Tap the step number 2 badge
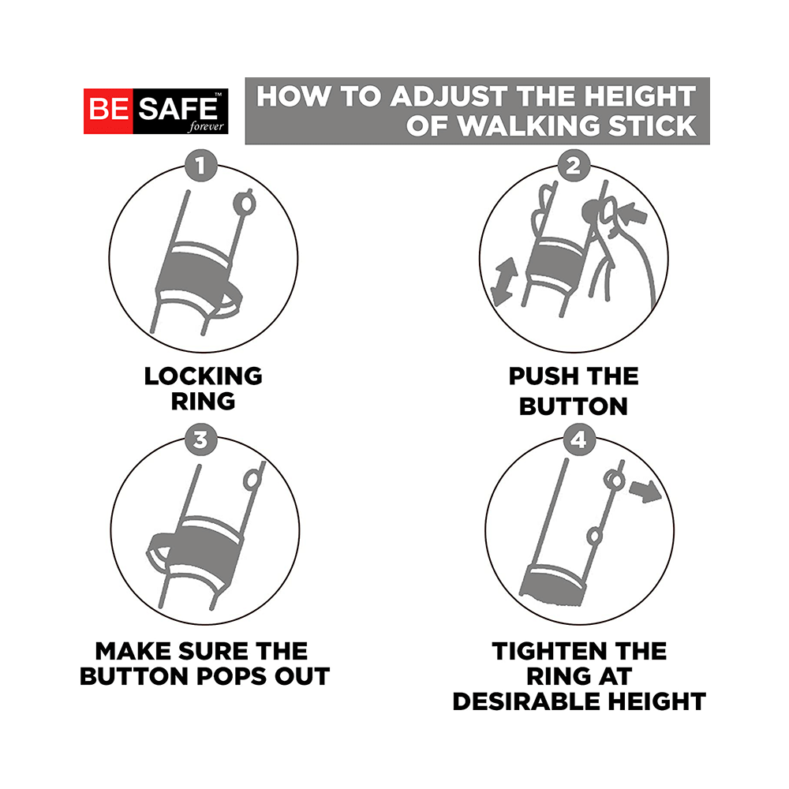point(574,166)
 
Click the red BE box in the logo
point(108,110)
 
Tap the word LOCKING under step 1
point(203,376)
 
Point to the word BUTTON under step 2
point(574,406)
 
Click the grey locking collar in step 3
point(204,544)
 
